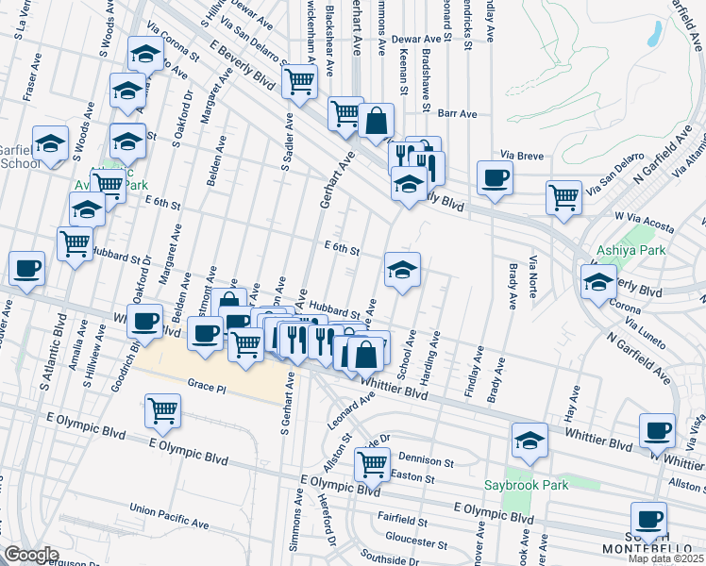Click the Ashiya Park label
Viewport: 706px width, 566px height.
(x=631, y=251)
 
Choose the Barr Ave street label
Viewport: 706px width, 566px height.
(x=458, y=113)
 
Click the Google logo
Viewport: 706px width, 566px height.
(x=31, y=555)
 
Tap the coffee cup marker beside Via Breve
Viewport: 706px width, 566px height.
(x=495, y=177)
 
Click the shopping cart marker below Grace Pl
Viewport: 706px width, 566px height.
(x=163, y=410)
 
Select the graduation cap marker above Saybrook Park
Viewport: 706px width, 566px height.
(x=530, y=440)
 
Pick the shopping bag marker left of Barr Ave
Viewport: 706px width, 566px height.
(x=376, y=121)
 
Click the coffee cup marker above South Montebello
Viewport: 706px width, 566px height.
(x=648, y=518)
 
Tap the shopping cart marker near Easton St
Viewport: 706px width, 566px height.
(x=372, y=462)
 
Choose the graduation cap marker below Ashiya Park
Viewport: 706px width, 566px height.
(x=598, y=281)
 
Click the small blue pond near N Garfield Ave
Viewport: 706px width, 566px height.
(x=652, y=34)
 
